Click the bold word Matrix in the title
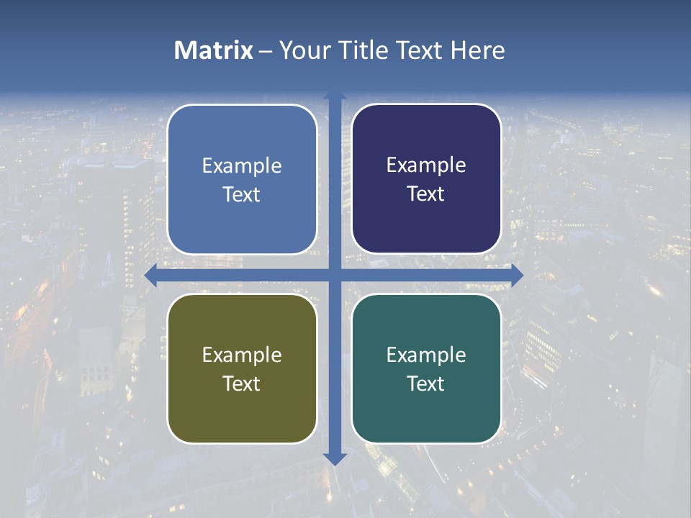(x=214, y=50)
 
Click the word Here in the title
(x=477, y=50)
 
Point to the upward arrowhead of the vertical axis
(x=335, y=96)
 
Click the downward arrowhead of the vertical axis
(x=335, y=458)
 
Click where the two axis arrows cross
(x=335, y=275)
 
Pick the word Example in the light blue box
(x=242, y=166)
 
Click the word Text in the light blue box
(x=242, y=195)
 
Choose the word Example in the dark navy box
(x=426, y=165)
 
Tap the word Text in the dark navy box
(x=426, y=194)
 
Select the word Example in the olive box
(x=242, y=355)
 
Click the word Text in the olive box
(x=242, y=383)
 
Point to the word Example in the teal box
(x=426, y=355)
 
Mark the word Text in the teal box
(x=426, y=383)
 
